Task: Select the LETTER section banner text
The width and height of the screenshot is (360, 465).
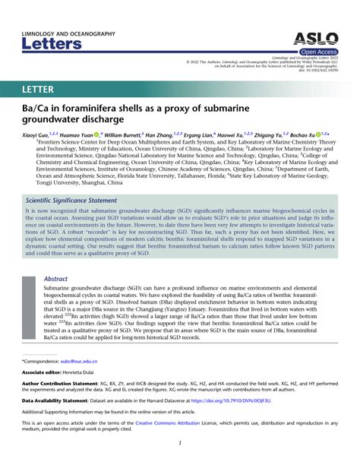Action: tap(43, 90)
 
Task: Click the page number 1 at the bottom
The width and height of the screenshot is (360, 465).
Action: tap(180, 442)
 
